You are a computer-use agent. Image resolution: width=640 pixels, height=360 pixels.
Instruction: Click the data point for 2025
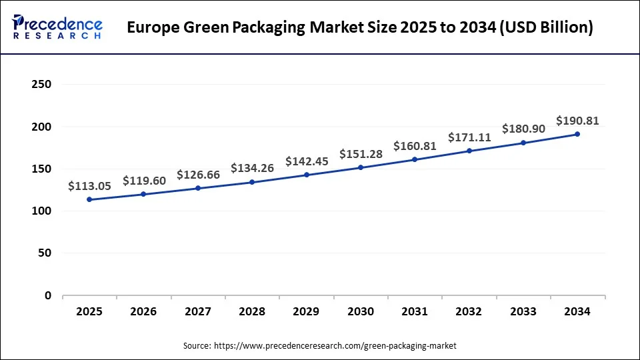coord(89,199)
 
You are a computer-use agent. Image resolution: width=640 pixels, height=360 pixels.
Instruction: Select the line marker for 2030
coord(361,167)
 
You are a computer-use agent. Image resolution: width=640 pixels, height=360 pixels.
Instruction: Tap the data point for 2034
coord(577,134)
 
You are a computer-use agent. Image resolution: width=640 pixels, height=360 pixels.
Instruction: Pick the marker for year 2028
coord(252,182)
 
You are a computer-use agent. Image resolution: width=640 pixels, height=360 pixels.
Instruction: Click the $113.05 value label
coord(89,187)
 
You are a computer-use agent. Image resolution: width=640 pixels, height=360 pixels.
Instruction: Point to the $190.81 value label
coord(577,121)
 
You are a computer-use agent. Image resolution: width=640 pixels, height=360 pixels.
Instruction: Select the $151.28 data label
coord(361,154)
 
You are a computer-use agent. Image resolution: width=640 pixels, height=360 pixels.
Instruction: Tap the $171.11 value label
coord(469,137)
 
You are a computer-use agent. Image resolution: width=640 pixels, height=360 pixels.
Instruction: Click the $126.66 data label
coord(198,175)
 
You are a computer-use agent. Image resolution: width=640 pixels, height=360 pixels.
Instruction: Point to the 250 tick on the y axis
coord(41,85)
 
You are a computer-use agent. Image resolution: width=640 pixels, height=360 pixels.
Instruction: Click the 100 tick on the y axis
coord(41,211)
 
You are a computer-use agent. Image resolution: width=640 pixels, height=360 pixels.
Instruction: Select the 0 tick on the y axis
coord(47,295)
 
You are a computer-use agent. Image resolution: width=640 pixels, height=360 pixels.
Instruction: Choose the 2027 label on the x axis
coord(198,311)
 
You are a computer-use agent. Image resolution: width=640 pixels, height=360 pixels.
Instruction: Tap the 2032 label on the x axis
coord(469,311)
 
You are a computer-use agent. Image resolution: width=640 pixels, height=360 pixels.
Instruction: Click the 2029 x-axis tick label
coord(307,311)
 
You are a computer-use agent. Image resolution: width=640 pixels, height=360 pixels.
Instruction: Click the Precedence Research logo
coord(57,27)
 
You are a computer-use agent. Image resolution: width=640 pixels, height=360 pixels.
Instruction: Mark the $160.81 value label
coord(415,145)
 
